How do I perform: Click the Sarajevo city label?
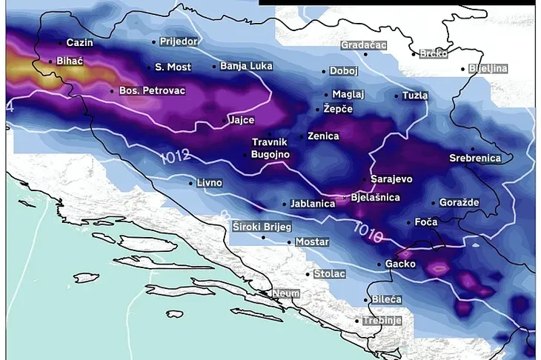(x=391, y=179)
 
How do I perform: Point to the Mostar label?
(x=312, y=241)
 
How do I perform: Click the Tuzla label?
(x=415, y=96)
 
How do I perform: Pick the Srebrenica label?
(x=475, y=158)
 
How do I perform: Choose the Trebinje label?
(x=382, y=321)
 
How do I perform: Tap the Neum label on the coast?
(x=285, y=293)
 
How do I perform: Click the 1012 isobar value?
(x=174, y=156)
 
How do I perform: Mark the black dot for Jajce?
(x=225, y=120)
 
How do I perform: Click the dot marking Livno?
(x=191, y=182)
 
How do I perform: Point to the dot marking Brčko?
(x=414, y=53)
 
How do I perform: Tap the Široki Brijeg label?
(x=262, y=226)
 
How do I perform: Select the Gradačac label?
(x=364, y=45)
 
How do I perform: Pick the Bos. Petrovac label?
(x=152, y=90)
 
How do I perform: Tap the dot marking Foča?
(x=409, y=221)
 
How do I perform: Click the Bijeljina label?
(x=487, y=69)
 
